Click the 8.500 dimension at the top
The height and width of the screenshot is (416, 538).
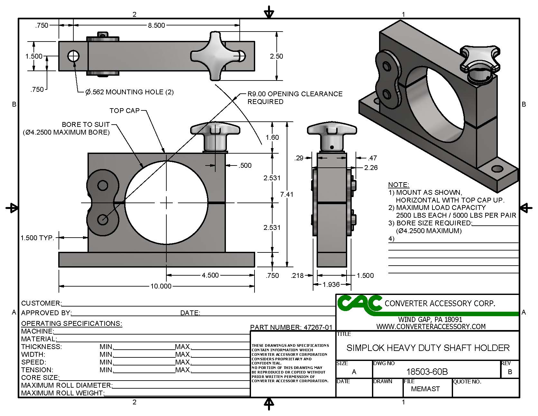[156, 25]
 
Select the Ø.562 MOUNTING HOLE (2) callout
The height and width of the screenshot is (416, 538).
[129, 92]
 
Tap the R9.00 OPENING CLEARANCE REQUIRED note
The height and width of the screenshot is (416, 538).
[294, 98]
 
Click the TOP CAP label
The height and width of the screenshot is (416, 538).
[125, 110]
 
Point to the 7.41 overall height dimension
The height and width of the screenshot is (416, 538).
[286, 194]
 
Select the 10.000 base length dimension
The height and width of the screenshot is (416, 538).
[161, 286]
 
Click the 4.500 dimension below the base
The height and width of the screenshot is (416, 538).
[210, 275]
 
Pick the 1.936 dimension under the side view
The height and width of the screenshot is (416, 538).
[331, 284]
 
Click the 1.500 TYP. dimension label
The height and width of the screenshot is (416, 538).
[37, 238]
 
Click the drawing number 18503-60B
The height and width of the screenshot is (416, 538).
[427, 372]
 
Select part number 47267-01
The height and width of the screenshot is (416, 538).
[291, 327]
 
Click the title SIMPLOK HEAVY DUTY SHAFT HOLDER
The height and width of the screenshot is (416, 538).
[428, 348]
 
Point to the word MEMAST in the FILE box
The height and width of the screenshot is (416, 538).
[425, 389]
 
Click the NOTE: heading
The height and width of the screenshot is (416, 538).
[398, 185]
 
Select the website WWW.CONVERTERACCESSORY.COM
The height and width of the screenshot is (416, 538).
[431, 326]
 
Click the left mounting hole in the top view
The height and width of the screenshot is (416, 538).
[73, 56]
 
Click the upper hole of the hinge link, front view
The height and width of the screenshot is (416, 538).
[103, 185]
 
